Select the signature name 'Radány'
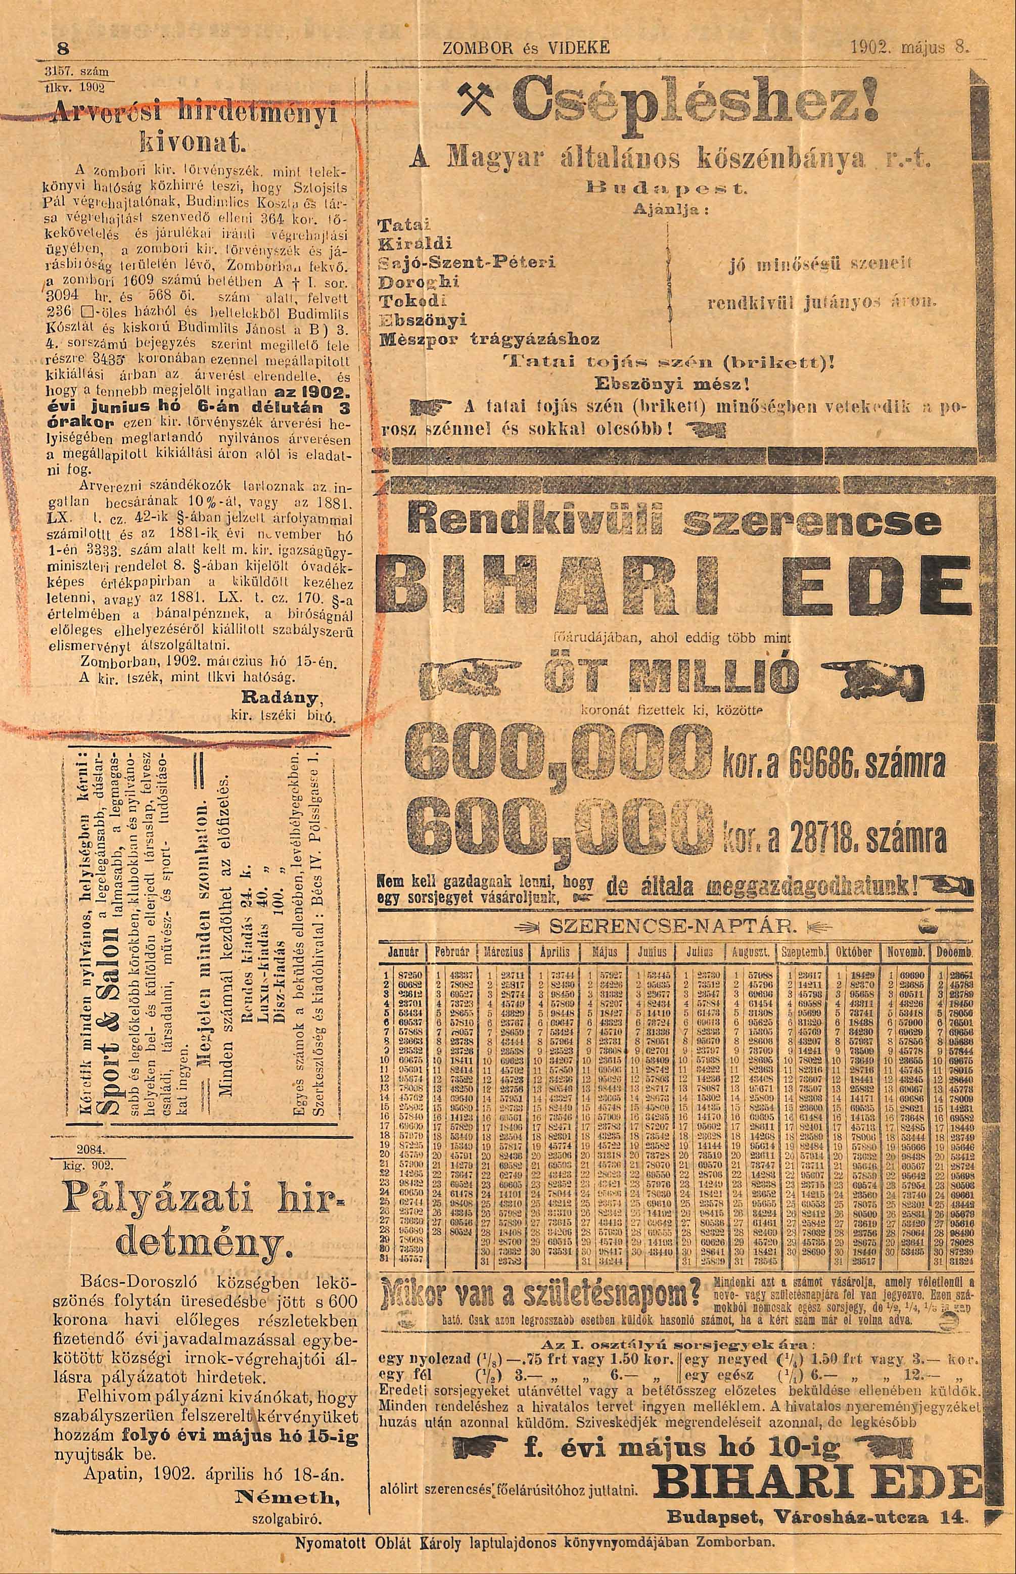click(x=291, y=698)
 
